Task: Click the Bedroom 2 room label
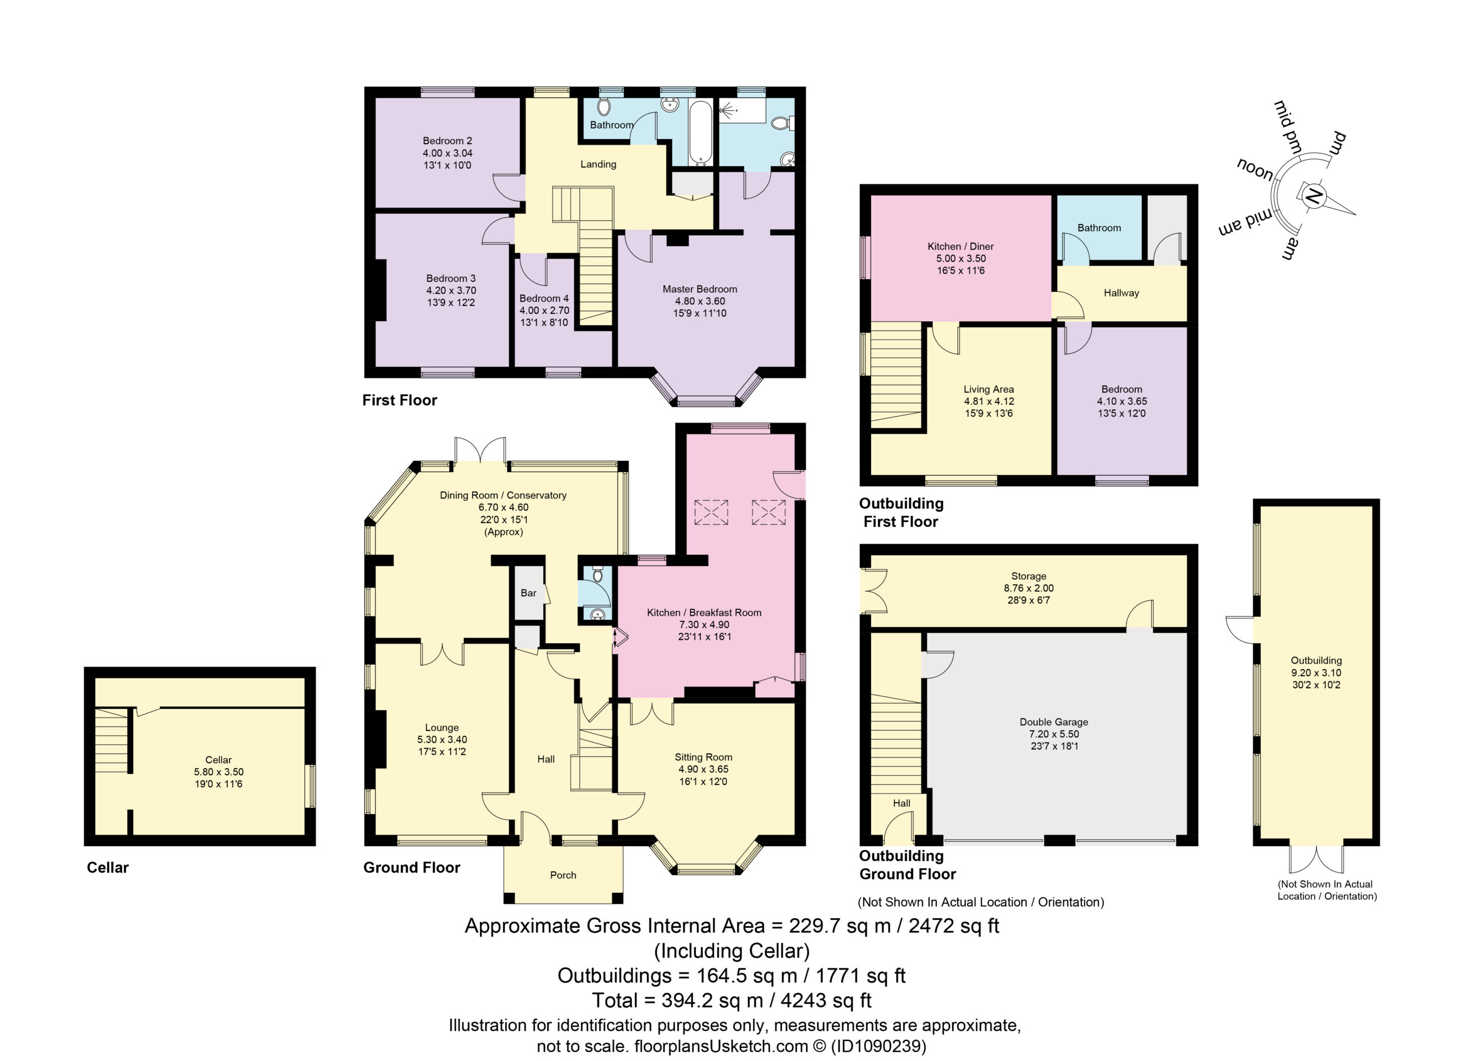point(447,141)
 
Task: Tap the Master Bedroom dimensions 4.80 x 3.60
point(700,301)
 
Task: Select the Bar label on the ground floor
point(528,592)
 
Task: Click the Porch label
point(563,875)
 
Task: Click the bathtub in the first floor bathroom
point(701,132)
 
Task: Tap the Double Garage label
point(1054,721)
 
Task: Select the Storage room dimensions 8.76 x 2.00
point(1029,588)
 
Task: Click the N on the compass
point(1312,196)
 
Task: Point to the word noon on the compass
point(1255,169)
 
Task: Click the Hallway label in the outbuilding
point(1121,293)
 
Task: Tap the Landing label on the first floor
point(598,165)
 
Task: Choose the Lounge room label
point(441,727)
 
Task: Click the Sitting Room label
point(703,757)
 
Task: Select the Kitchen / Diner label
point(961,246)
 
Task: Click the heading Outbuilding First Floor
point(901,512)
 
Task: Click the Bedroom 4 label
point(544,298)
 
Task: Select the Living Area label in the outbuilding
point(989,389)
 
